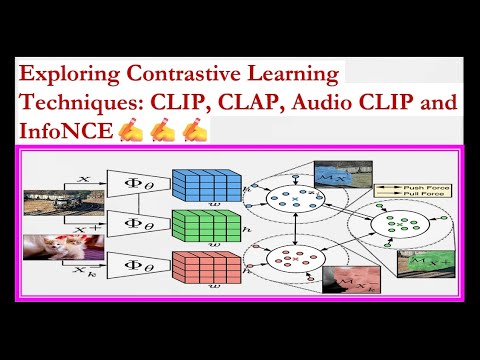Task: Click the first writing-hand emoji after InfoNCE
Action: click(x=131, y=130)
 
